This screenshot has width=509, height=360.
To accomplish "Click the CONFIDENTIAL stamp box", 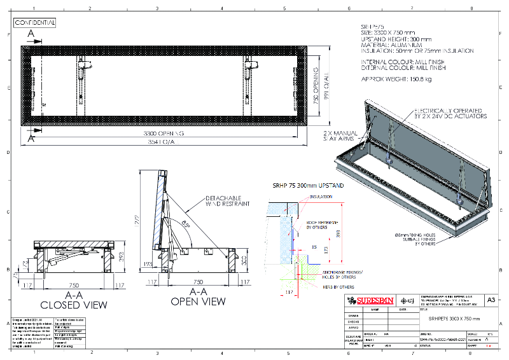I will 35,22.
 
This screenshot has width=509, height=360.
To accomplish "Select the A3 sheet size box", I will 491,299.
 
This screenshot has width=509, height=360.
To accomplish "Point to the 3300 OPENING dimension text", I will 162,134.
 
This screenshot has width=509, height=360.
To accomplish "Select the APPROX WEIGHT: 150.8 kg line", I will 396,80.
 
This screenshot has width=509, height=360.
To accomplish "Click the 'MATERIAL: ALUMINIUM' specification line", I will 387,45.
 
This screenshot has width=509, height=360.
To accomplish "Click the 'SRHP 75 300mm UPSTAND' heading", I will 308,185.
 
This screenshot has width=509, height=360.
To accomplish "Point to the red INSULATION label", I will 321,197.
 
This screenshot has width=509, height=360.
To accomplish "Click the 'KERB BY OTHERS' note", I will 305,287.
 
